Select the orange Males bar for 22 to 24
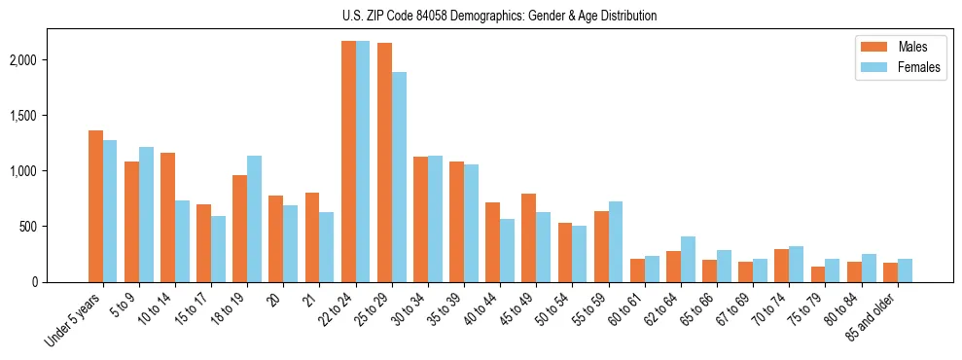(348, 162)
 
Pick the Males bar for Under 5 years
(95, 206)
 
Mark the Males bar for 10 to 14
(167, 217)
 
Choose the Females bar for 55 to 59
(614, 241)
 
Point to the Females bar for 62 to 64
(688, 259)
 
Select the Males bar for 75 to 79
(817, 274)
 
